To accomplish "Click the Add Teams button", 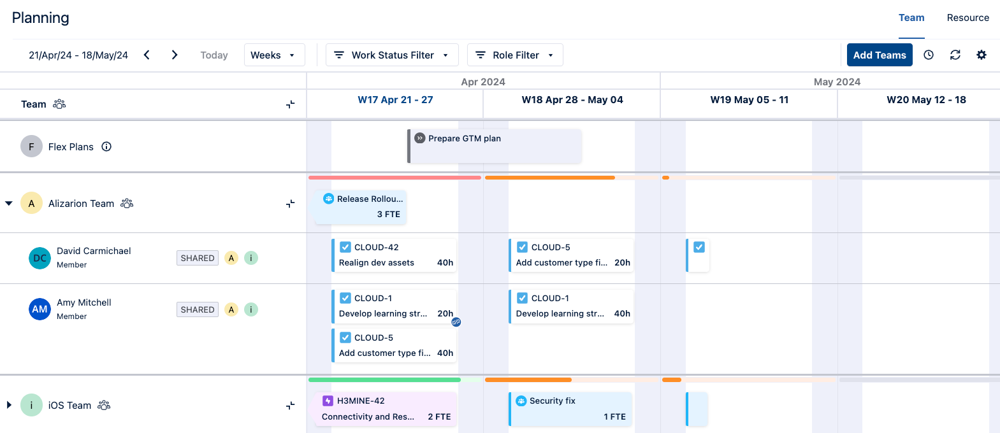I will [x=879, y=55].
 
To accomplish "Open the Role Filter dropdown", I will [x=515, y=55].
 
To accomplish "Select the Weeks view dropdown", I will [x=273, y=55].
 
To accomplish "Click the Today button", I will [x=214, y=55].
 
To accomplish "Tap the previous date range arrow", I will [x=147, y=55].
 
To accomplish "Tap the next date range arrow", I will [x=175, y=55].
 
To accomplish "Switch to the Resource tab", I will [x=967, y=18].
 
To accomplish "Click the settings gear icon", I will [x=982, y=55].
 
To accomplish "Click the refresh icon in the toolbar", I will [x=955, y=55].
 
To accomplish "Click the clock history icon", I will [x=929, y=55].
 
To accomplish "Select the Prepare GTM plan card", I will [x=494, y=146].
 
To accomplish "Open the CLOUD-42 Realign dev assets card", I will [x=395, y=255].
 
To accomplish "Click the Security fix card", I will [x=570, y=409].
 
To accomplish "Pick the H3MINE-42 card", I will [x=386, y=409].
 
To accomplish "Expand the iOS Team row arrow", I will [x=9, y=405].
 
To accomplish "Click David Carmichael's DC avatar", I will [x=40, y=258].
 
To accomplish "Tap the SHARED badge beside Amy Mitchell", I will [x=198, y=309].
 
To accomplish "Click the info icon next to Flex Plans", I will [x=106, y=146].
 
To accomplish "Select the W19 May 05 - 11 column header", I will [x=749, y=100].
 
